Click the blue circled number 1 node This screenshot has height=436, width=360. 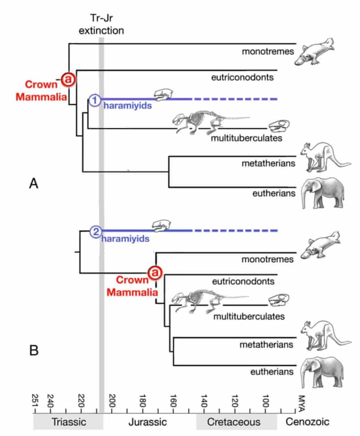(x=94, y=99)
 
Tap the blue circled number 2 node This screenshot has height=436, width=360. (x=95, y=231)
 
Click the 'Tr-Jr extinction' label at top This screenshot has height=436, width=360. (x=102, y=25)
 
